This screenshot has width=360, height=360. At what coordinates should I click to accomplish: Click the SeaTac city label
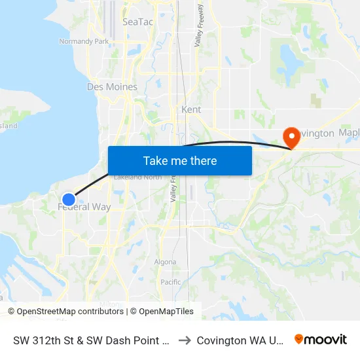137,22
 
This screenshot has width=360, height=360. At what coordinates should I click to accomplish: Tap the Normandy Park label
84,41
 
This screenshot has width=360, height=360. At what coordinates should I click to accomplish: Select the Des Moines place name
112,86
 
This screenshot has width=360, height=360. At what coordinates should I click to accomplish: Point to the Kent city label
191,109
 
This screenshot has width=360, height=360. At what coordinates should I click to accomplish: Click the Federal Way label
84,207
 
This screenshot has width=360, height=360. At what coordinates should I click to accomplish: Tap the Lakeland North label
137,177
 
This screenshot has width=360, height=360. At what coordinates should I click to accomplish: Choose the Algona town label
165,262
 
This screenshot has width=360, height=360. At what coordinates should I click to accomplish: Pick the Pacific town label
170,282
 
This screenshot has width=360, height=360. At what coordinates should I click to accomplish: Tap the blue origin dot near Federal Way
69,200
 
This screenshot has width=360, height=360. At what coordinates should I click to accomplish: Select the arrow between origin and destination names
185,340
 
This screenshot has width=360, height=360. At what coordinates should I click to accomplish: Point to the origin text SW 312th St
92,340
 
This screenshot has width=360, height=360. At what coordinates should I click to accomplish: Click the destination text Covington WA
240,340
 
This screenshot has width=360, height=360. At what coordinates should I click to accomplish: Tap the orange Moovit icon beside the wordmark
299,340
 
